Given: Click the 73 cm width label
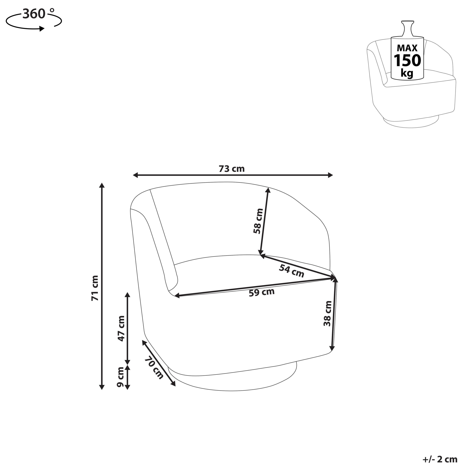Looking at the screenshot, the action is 231,169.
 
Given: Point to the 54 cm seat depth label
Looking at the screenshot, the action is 292,271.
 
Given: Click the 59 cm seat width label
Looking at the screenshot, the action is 261,292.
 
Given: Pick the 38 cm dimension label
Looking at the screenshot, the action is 328,314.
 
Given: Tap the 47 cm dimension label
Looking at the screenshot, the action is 121,328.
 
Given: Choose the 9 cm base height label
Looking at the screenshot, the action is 120,377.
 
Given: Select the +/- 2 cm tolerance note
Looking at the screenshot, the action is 440,460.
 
